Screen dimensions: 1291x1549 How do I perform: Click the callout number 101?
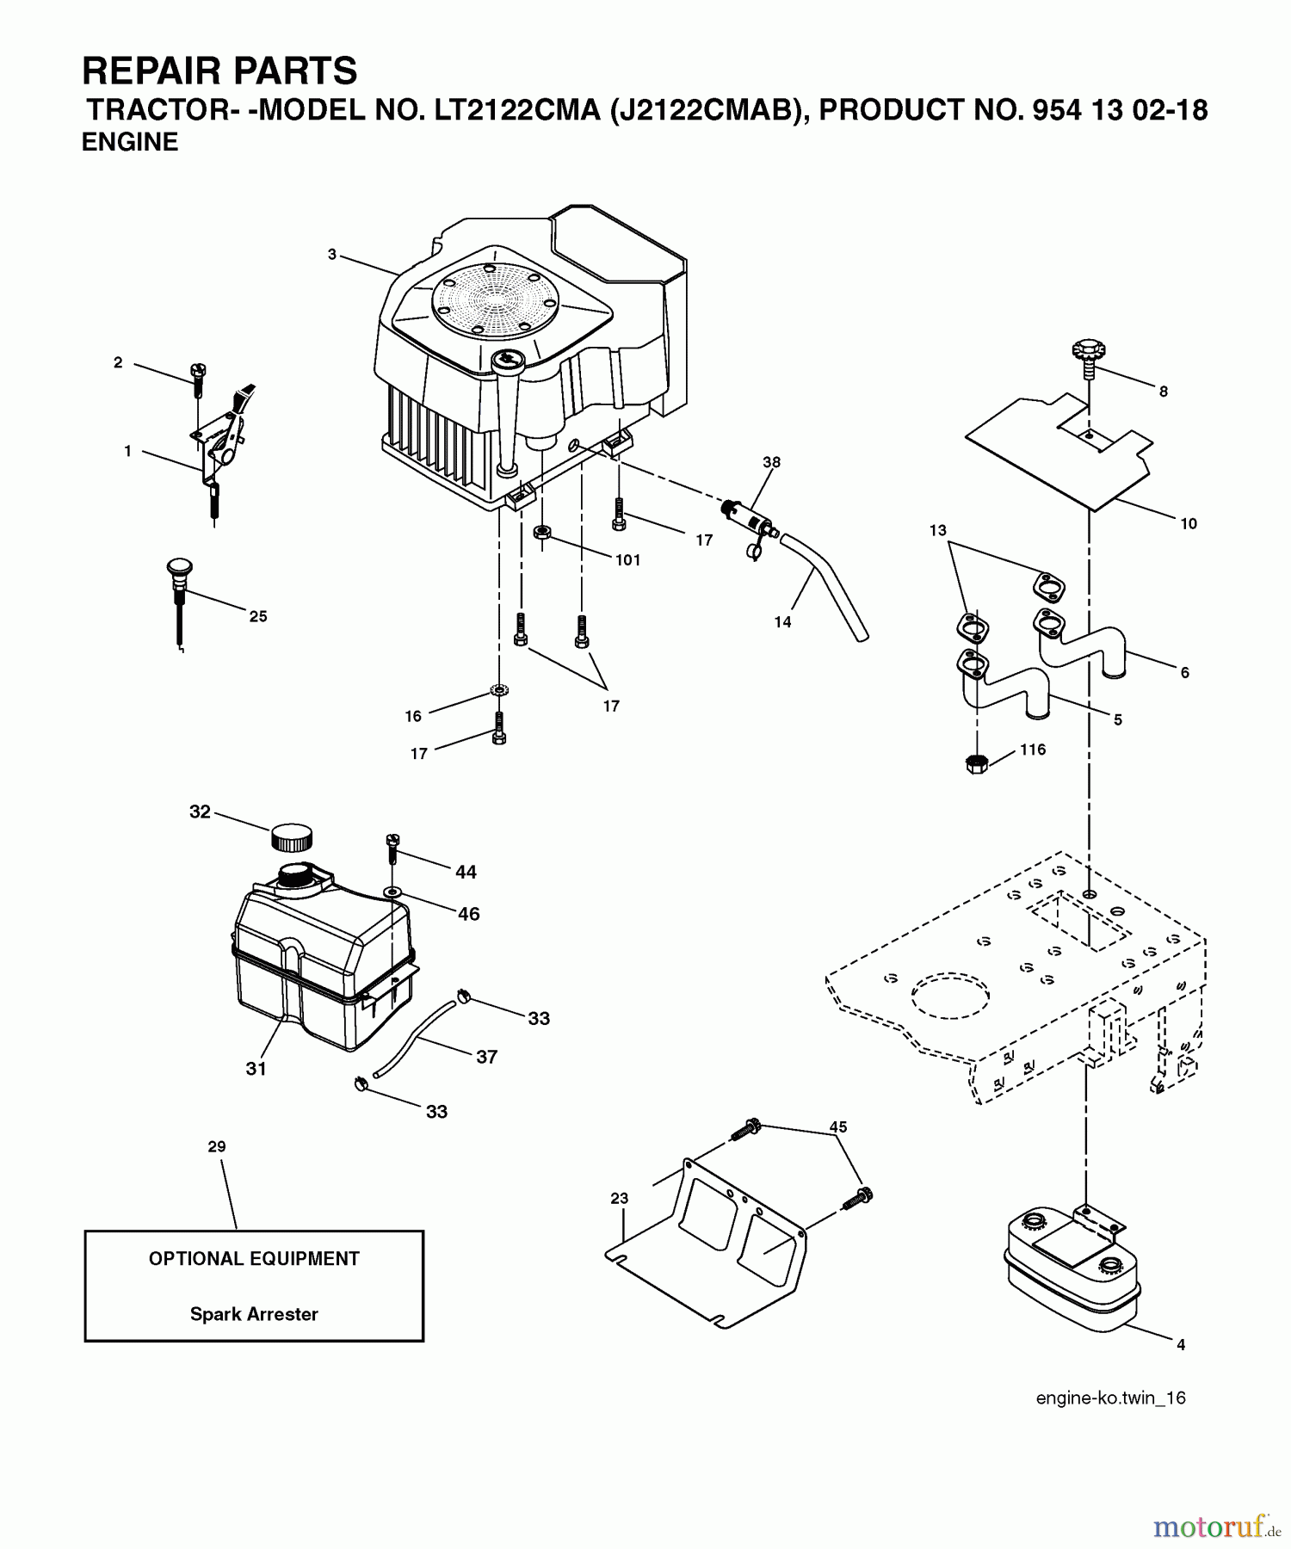[x=628, y=560]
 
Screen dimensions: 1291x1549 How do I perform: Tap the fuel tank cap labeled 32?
[x=292, y=836]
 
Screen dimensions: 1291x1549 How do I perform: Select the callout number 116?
[x=1033, y=750]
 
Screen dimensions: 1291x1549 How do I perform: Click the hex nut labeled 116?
[x=976, y=763]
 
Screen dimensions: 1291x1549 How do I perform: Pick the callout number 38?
[x=771, y=462]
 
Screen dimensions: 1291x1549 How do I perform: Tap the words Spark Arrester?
[x=254, y=1314]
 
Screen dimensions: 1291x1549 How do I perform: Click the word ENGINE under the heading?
[x=130, y=142]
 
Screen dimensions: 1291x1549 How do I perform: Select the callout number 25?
[x=258, y=616]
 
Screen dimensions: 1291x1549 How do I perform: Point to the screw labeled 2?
[x=197, y=380]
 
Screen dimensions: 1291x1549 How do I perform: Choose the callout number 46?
[x=468, y=914]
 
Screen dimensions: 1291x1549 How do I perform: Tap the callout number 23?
[x=620, y=1198]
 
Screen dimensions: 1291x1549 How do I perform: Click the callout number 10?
[x=1189, y=523]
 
